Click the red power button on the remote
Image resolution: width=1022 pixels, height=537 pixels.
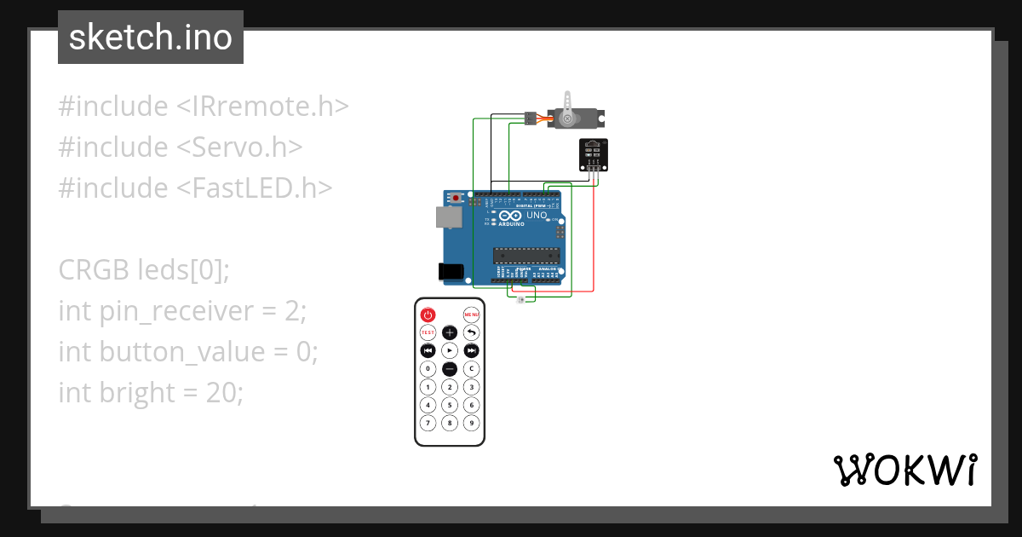(428, 315)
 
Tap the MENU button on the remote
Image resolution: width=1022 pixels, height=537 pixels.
(471, 315)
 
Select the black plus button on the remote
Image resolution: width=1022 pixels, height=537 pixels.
(450, 332)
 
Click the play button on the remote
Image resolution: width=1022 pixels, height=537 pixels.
(450, 350)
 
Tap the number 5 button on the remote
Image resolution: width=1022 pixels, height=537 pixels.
(450, 405)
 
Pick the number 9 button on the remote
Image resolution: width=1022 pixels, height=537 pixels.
(471, 423)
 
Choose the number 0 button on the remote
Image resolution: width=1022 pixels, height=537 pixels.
(428, 369)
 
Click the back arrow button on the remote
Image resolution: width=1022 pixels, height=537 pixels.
(471, 332)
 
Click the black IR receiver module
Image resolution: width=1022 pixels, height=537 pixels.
(593, 153)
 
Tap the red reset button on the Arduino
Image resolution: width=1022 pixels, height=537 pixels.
(456, 198)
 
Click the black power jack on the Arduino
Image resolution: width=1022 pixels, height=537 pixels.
(451, 272)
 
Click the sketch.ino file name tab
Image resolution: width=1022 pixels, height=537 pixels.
(151, 38)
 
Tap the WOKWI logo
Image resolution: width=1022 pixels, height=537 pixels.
(904, 471)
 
